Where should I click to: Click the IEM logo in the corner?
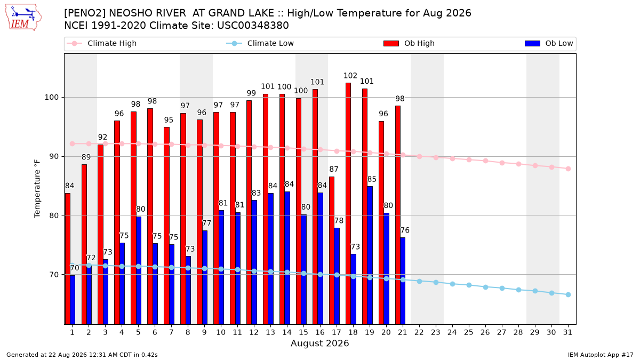(x=23, y=18)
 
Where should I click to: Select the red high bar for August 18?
(x=348, y=203)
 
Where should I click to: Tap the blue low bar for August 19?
(x=370, y=255)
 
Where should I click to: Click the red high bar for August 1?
(x=67, y=259)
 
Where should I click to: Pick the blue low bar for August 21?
(x=403, y=281)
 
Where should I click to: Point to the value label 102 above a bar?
(x=350, y=76)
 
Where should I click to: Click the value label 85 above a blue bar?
(x=372, y=179)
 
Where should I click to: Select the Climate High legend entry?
(x=101, y=43)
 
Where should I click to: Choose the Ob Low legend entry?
(x=549, y=43)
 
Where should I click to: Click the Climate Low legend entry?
(x=260, y=43)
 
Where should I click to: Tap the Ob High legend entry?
(x=409, y=43)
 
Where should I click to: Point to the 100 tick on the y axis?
(x=51, y=98)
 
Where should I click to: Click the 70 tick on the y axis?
(x=54, y=275)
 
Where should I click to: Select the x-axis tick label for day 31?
(x=567, y=332)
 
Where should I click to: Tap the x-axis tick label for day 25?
(x=469, y=332)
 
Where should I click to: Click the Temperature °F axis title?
(x=37, y=189)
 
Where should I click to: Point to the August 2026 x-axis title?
(x=319, y=343)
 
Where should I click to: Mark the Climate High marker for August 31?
(x=569, y=169)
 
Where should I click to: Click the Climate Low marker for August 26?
(x=485, y=287)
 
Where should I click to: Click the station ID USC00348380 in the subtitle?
(x=253, y=26)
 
